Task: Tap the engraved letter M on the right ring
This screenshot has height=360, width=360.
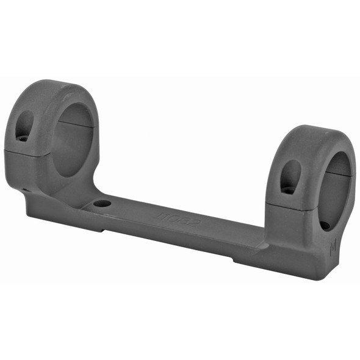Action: click(333, 249)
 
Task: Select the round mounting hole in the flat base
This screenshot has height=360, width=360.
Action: click(103, 203)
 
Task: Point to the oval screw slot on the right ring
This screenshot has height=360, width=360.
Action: click(290, 178)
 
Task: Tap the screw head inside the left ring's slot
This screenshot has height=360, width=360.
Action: click(23, 137)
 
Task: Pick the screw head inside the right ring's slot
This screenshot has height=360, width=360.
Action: click(289, 190)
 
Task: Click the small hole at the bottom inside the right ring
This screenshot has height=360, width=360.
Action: click(326, 225)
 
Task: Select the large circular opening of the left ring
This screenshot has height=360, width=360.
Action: click(73, 139)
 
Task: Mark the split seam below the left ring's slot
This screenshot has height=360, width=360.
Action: click(24, 151)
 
